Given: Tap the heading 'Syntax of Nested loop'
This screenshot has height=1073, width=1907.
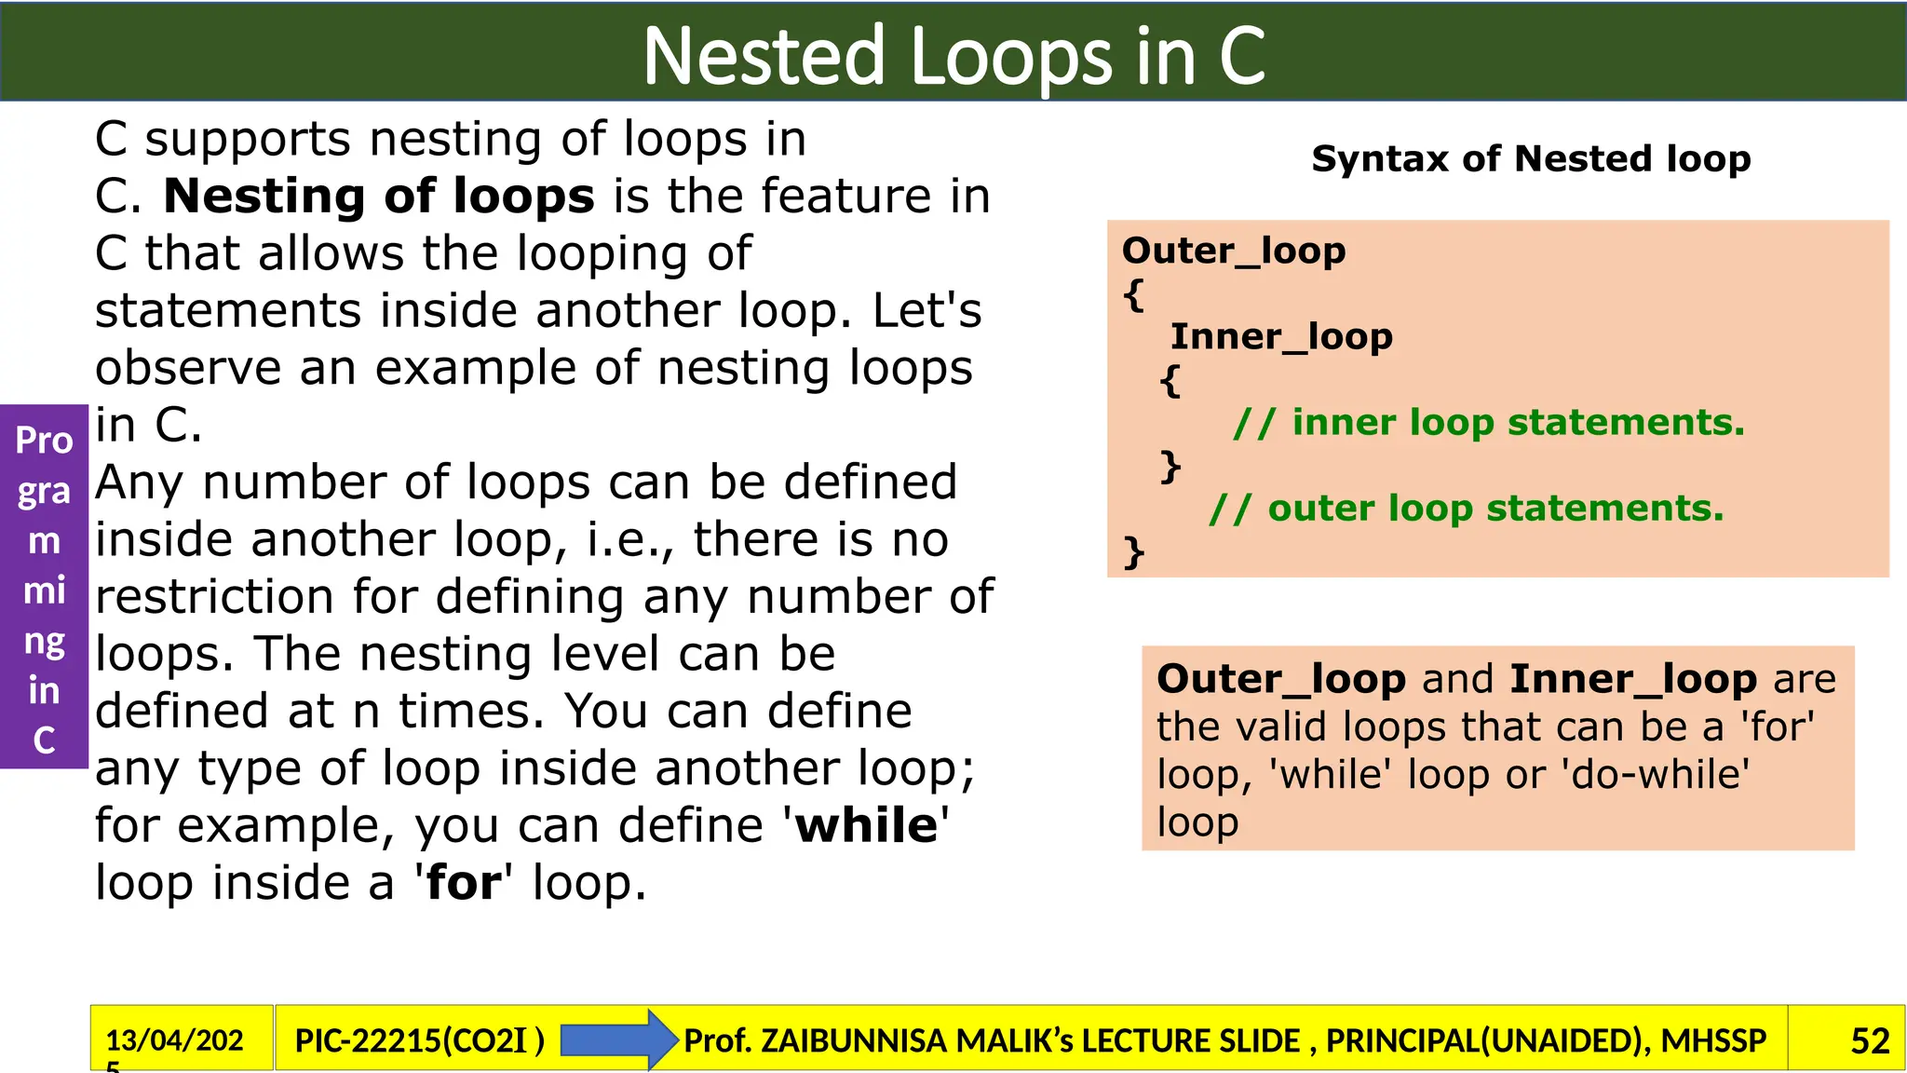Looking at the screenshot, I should [x=1530, y=158].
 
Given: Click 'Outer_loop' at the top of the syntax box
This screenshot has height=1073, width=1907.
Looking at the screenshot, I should [x=1233, y=251].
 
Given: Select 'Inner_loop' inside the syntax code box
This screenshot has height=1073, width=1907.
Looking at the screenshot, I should [x=1280, y=336].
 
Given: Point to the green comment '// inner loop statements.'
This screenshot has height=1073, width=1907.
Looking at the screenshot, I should [x=1488, y=423].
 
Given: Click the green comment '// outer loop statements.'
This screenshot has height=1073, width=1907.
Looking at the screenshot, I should [x=1466, y=509].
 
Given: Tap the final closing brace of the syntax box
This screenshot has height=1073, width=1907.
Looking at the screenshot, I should [x=1133, y=551].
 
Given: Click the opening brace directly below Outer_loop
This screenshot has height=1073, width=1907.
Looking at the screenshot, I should [x=1133, y=295].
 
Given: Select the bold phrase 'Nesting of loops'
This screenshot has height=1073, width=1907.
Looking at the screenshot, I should [x=379, y=196].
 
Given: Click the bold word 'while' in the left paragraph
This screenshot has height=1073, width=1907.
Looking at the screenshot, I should [x=866, y=825].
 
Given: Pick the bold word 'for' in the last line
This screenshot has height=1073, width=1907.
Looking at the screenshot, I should [x=464, y=883].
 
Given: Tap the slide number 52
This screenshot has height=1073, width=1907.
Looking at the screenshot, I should [x=1869, y=1040].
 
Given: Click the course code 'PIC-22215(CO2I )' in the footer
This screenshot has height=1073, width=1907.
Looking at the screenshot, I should [x=419, y=1040].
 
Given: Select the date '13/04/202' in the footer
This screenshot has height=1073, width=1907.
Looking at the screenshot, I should [x=174, y=1039].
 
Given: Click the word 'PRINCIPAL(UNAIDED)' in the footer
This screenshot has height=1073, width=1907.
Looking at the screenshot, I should [x=1484, y=1040].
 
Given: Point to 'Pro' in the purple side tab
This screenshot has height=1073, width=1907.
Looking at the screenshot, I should [x=44, y=441].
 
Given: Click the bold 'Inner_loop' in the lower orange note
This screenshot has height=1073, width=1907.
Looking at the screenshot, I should [x=1632, y=679].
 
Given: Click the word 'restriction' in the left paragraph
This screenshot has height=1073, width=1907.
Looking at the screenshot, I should [x=214, y=597].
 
